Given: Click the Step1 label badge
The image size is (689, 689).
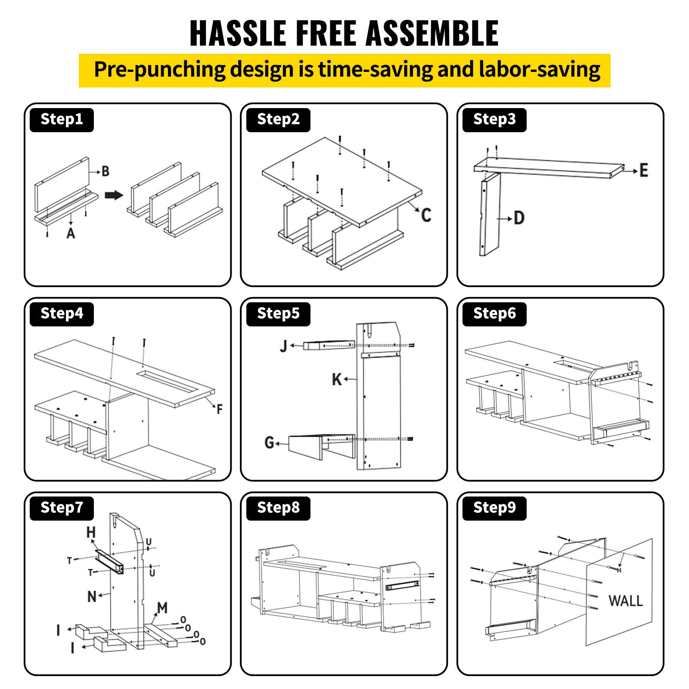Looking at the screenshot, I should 62,119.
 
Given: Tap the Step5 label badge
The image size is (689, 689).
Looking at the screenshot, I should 278,313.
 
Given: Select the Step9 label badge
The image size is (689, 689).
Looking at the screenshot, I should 494,508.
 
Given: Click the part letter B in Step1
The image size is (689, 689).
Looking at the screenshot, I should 106,171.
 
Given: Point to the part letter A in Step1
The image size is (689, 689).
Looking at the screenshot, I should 71,233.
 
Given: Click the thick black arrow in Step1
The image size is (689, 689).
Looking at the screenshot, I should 114,195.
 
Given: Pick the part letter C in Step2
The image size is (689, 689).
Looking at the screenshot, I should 426,215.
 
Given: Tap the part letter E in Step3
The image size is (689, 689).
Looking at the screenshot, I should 644,171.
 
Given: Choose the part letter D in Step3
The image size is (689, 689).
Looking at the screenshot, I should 519,218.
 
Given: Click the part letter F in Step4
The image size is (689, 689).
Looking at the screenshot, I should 220,409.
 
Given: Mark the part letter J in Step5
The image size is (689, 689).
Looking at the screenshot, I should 283,346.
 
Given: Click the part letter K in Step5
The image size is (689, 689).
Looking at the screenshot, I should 337,379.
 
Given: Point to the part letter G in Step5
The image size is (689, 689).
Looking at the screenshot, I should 269,442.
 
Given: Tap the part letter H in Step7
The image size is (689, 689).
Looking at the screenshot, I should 91,532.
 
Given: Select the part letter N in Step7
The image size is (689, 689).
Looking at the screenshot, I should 92,596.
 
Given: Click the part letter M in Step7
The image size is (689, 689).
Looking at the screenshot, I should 162,608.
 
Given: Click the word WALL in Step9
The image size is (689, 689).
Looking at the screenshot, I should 625,601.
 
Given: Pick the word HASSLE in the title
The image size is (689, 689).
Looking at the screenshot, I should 238,33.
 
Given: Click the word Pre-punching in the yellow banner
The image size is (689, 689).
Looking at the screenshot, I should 159,70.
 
